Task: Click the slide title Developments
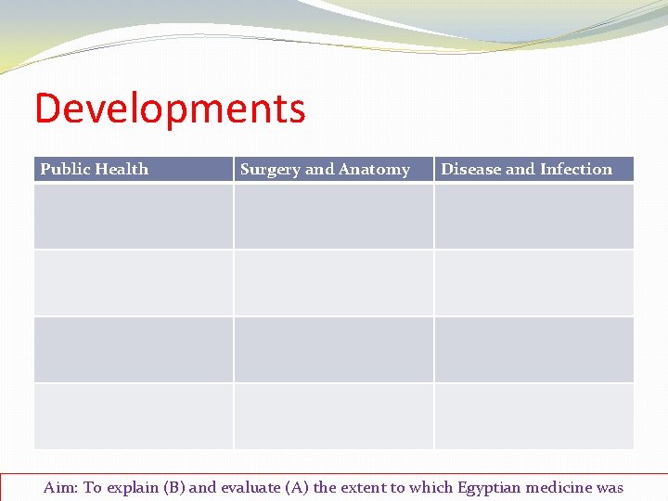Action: coord(170,109)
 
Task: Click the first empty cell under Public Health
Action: coord(133,216)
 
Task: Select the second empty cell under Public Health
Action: coord(133,283)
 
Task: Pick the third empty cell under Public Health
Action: coord(133,350)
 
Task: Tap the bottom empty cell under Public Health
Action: coord(133,417)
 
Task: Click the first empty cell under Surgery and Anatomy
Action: coord(333,216)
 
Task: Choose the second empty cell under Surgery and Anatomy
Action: coord(333,283)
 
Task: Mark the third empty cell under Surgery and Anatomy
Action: coord(333,350)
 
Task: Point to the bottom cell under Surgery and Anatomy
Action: coord(333,417)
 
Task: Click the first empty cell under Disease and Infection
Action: coord(533,216)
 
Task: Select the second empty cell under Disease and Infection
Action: coord(533,283)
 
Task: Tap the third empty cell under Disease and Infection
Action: coord(533,350)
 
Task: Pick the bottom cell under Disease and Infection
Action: coord(533,417)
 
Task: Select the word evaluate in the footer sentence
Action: coord(251,487)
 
